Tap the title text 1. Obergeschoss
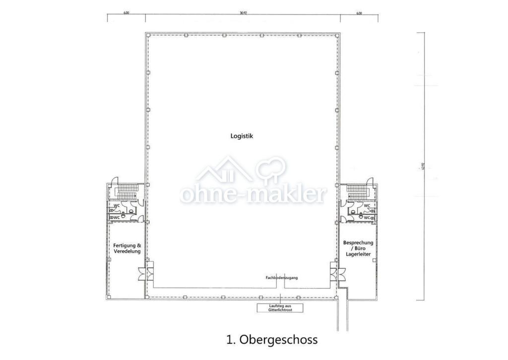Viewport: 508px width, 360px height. click(271, 340)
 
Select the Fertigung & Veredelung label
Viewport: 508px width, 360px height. click(127, 248)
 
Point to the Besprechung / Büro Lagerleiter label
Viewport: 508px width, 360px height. click(358, 248)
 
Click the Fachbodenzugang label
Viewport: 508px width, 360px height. click(282, 278)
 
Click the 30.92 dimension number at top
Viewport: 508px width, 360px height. click(243, 13)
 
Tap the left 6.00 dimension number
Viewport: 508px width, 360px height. click(126, 13)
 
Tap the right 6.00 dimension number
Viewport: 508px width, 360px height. click(359, 13)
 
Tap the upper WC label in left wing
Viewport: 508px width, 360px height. click(117, 205)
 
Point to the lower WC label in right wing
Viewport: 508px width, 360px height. click(367, 217)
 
